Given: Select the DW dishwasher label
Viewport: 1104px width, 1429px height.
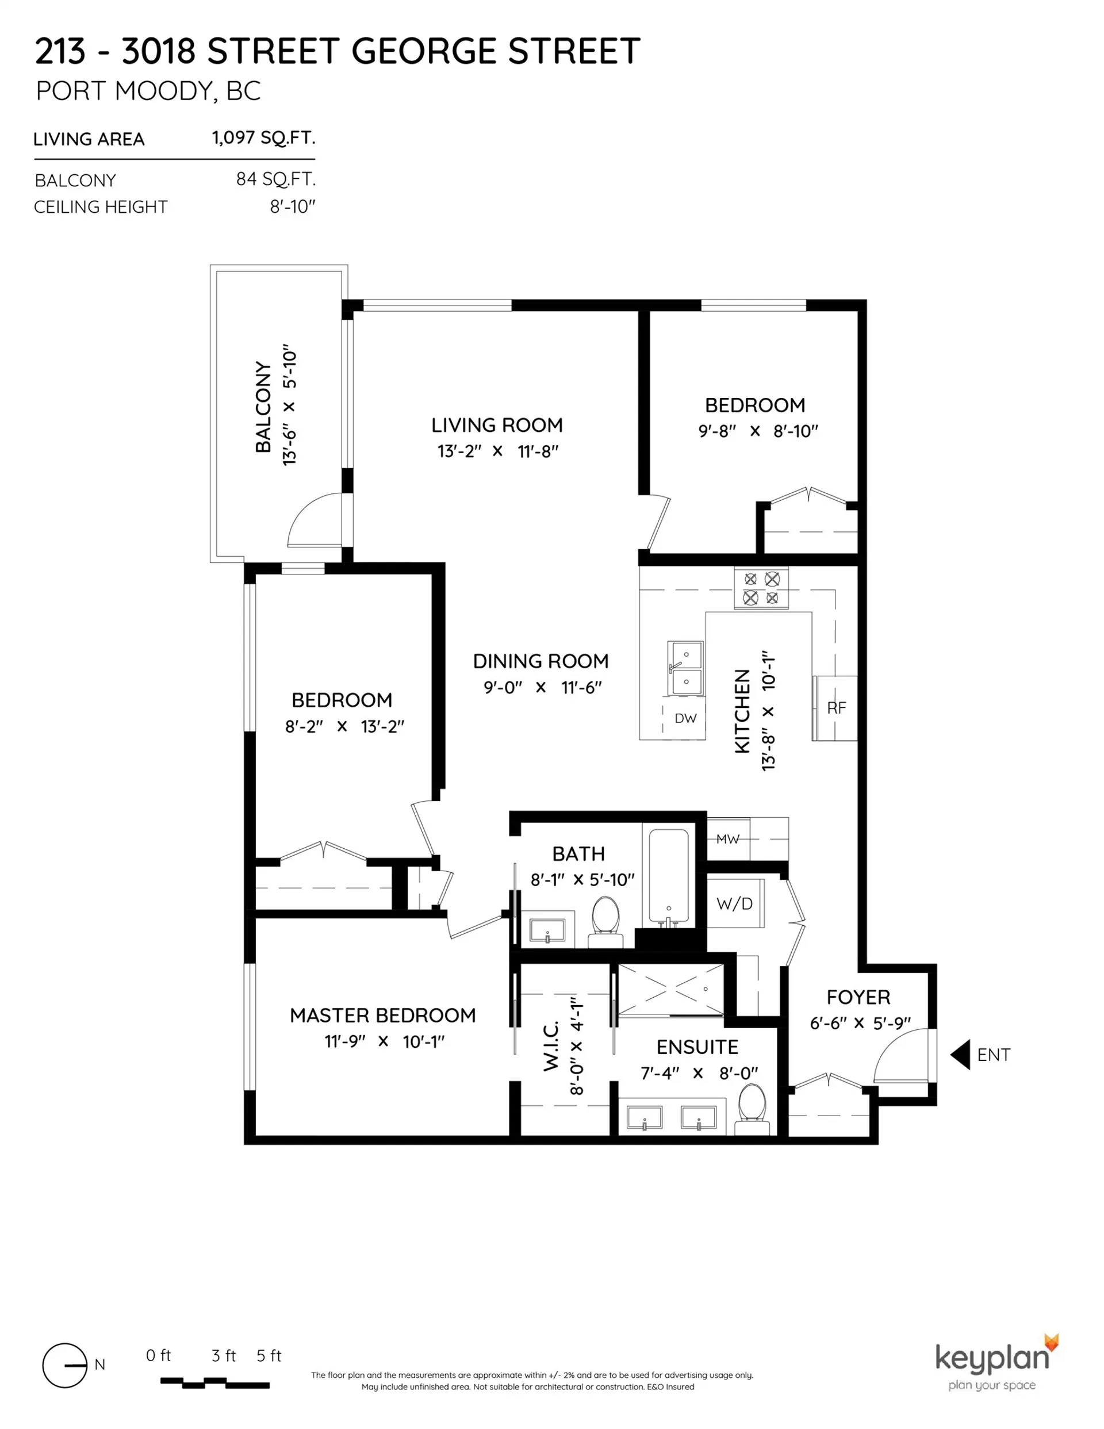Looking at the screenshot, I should tap(685, 718).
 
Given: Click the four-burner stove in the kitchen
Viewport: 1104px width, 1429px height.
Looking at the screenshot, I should tap(761, 588).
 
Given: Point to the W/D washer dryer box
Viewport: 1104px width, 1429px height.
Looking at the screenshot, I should tap(734, 903).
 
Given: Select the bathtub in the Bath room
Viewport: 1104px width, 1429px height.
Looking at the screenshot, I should tap(668, 877).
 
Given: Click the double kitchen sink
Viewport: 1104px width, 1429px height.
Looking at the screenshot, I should tap(685, 668).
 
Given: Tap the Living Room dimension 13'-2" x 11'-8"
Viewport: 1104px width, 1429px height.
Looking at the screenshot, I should tap(497, 451).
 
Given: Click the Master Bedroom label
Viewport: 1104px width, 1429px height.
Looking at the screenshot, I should tap(383, 1016).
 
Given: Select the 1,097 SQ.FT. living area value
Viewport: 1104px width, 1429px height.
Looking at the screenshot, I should tap(263, 138).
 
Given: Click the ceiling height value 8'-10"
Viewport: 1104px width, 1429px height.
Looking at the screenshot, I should tap(293, 207).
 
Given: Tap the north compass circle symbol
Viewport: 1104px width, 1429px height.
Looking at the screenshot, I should tap(64, 1366).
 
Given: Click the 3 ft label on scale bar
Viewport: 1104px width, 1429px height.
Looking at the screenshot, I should tap(224, 1356).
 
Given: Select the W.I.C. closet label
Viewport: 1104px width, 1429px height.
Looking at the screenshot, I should tap(551, 1045).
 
